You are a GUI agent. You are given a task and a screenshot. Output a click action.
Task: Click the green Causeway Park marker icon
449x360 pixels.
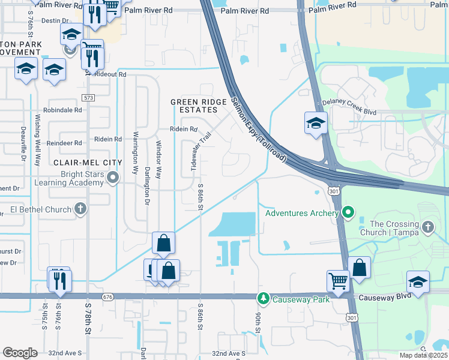coord(262,298)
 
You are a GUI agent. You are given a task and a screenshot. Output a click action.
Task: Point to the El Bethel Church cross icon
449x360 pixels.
coord(80,209)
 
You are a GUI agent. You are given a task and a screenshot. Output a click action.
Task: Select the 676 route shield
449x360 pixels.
coord(108,297)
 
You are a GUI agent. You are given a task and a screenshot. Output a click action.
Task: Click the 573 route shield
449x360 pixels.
coord(89,97)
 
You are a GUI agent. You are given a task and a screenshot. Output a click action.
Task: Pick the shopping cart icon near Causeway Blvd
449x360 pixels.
coord(338,281)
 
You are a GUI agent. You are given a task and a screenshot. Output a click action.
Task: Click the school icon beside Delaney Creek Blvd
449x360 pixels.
coord(315,123)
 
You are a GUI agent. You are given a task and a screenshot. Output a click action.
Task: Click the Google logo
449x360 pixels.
coord(19,353)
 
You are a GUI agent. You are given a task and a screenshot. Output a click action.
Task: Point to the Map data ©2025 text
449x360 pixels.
coord(423,355)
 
